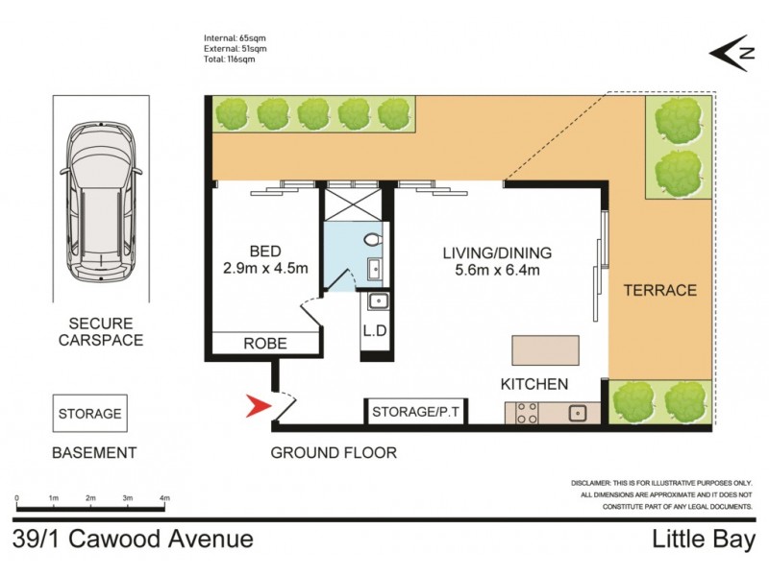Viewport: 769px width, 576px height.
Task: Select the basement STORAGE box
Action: pyautogui.click(x=90, y=415)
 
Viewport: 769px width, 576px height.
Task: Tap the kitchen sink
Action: pyautogui.click(x=578, y=414)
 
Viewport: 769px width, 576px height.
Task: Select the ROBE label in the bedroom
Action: pyautogui.click(x=264, y=343)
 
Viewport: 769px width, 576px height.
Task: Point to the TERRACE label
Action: pyautogui.click(x=659, y=289)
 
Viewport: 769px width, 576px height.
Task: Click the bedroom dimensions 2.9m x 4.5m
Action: pyautogui.click(x=264, y=268)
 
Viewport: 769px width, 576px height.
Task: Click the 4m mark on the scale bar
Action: pyautogui.click(x=164, y=499)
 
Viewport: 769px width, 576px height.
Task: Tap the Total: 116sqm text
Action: pyautogui.click(x=230, y=60)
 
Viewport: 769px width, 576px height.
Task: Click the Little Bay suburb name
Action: pyautogui.click(x=704, y=540)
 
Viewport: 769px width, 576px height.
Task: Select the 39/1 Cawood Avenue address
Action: pyautogui.click(x=134, y=540)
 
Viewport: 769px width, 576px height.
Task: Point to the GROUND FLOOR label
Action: pyautogui.click(x=334, y=453)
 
